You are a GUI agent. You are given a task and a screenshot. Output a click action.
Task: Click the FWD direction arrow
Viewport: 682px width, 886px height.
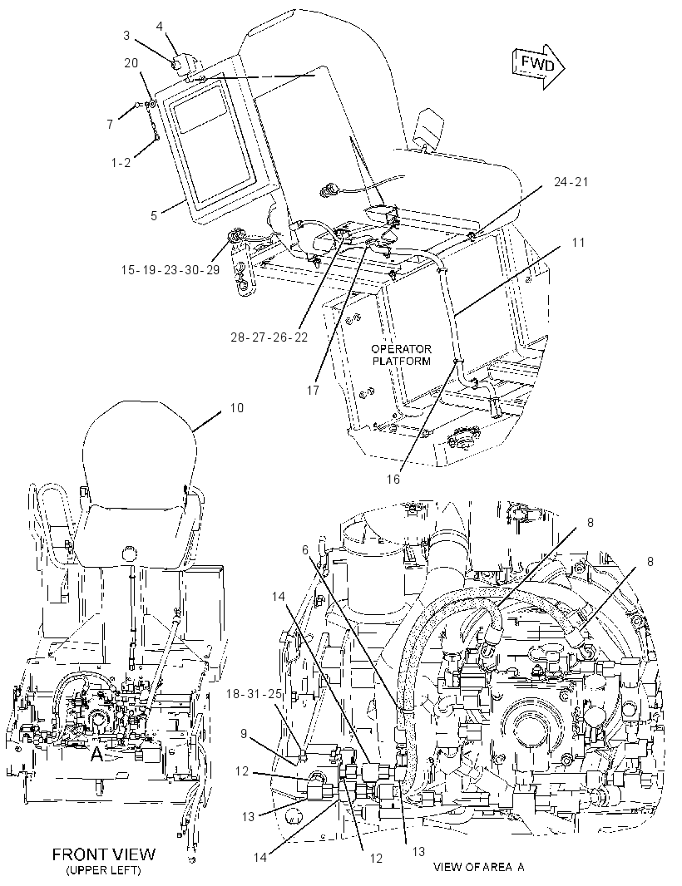[x=538, y=66]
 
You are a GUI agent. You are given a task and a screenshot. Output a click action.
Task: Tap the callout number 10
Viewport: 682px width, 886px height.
[x=237, y=407]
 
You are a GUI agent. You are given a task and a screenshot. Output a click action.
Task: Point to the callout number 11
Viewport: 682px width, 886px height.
[x=578, y=243]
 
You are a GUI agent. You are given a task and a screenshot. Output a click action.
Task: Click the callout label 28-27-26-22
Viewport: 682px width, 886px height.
[x=269, y=337]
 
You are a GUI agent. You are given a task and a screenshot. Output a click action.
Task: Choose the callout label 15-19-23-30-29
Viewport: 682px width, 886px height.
[x=170, y=269]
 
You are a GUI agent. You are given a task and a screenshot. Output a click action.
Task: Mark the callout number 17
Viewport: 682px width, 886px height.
[x=313, y=390]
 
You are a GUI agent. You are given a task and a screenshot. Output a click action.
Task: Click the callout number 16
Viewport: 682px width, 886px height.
[x=393, y=480]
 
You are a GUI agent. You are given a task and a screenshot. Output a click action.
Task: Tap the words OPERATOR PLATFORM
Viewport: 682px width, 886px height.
[x=401, y=355]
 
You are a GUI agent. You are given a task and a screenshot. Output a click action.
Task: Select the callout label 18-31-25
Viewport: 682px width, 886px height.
[x=254, y=693]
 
